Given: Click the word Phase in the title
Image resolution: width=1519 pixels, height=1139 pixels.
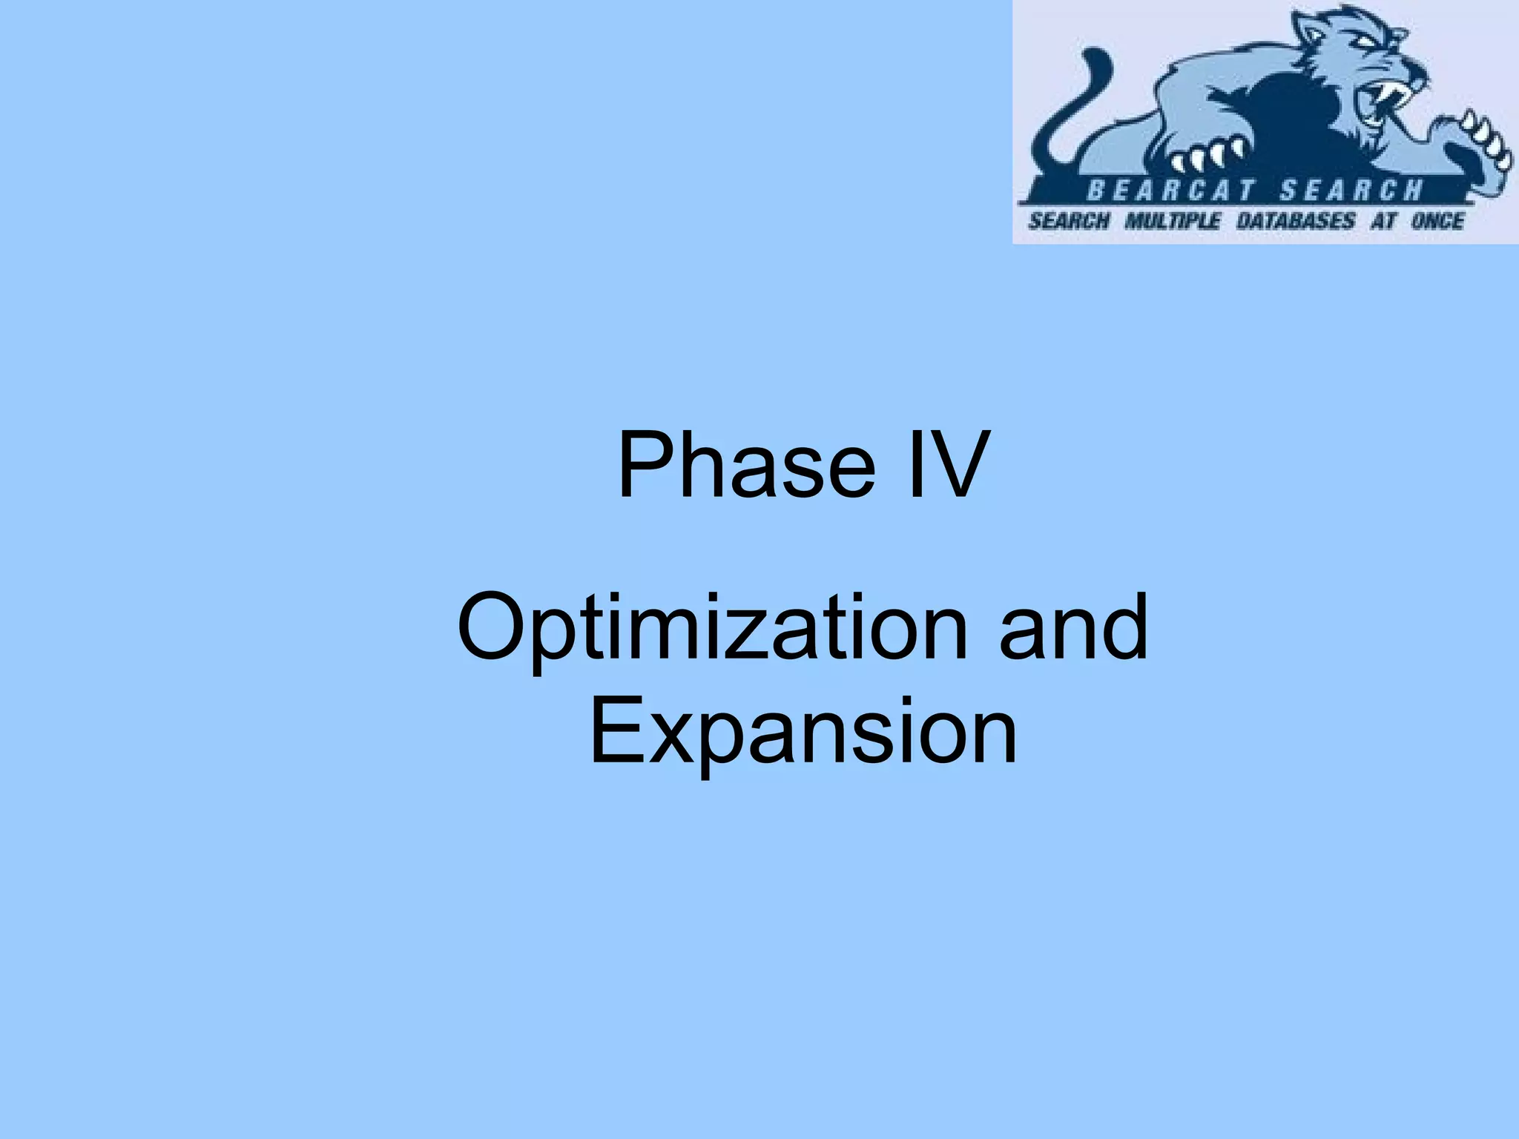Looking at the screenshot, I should tap(746, 466).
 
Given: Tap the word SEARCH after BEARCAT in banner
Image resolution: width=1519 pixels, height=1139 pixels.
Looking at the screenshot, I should tap(1351, 191).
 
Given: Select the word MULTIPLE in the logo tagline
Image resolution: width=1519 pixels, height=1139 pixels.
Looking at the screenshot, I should tap(1172, 221).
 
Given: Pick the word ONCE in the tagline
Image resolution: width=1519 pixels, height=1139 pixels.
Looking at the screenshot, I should tap(1437, 221).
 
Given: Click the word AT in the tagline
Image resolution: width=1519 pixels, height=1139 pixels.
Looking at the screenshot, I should tap(1383, 221).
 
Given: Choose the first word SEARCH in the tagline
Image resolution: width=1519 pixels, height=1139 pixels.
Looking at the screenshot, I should tap(1069, 221).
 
